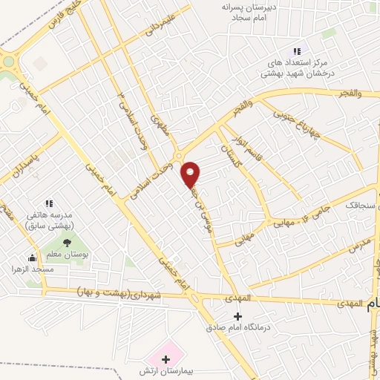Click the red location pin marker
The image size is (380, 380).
[x=191, y=174]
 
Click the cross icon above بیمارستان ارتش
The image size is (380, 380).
[x=166, y=358]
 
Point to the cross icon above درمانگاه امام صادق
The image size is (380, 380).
[x=237, y=315]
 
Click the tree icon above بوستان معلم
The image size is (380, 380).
[x=67, y=242]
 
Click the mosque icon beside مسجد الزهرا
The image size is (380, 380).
[x=32, y=258]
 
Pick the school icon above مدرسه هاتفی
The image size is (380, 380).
[x=49, y=202]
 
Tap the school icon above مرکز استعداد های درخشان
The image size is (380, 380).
[x=297, y=51]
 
